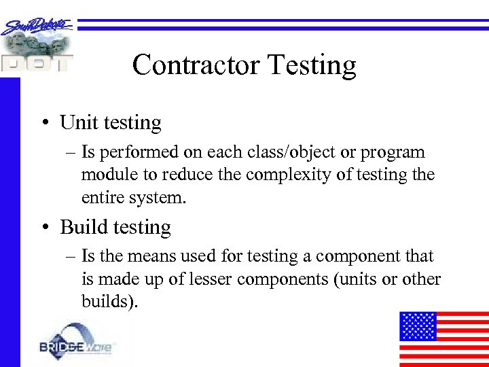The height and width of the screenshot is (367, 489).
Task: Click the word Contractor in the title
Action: point(196,65)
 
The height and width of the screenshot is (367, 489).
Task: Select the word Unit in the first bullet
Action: point(74,122)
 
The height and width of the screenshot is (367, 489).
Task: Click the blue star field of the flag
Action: point(416,326)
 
